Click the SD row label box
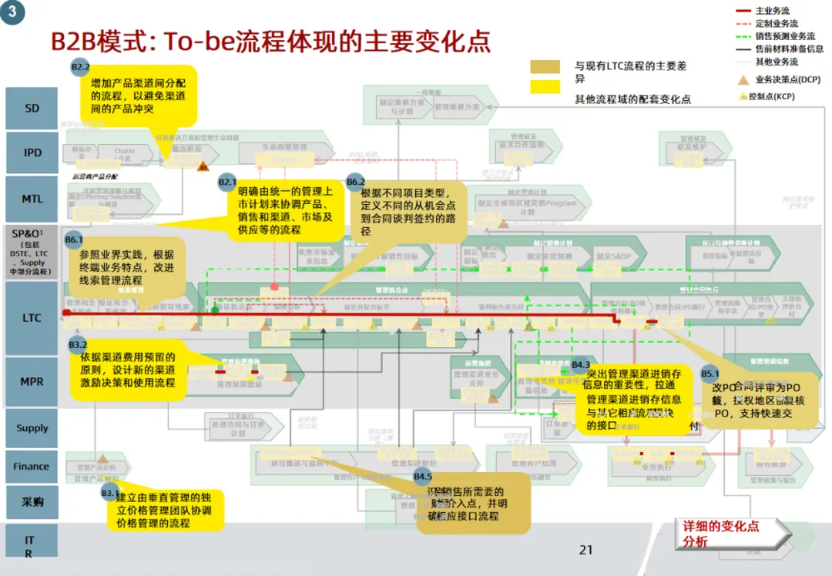[32, 109]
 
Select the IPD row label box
[32, 152]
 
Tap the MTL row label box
[32, 199]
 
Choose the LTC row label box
[32, 317]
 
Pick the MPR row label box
[32, 381]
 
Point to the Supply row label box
[32, 428]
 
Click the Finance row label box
[32, 466]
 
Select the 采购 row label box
[32, 502]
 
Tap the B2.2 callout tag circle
[81, 67]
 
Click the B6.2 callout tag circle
[356, 182]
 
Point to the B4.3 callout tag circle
[581, 364]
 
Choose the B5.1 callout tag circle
[710, 373]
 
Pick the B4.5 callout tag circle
[423, 476]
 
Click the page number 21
[585, 550]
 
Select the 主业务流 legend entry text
[772, 11]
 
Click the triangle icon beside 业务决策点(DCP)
[743, 79]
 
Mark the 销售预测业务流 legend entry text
[785, 36]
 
